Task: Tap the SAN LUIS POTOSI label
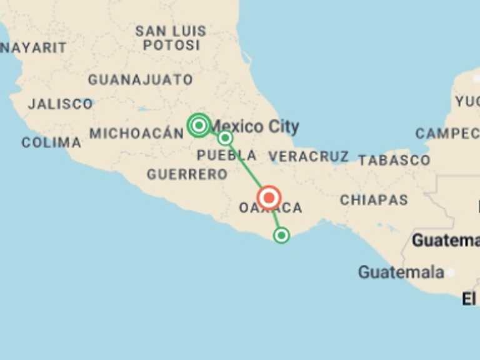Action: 171,37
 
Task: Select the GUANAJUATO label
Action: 140,80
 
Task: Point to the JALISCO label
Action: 60,104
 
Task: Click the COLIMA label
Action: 51,142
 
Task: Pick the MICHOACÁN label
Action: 137,133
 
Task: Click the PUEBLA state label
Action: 226,155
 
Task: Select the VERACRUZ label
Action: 309,156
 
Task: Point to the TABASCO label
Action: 394,160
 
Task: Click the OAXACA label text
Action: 271,208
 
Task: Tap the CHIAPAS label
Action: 374,200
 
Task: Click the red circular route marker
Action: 269,197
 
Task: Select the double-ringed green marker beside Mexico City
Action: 199,125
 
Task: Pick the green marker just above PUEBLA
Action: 225,137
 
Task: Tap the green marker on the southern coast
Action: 281,235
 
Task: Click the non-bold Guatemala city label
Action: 401,272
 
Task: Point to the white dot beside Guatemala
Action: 451,272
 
